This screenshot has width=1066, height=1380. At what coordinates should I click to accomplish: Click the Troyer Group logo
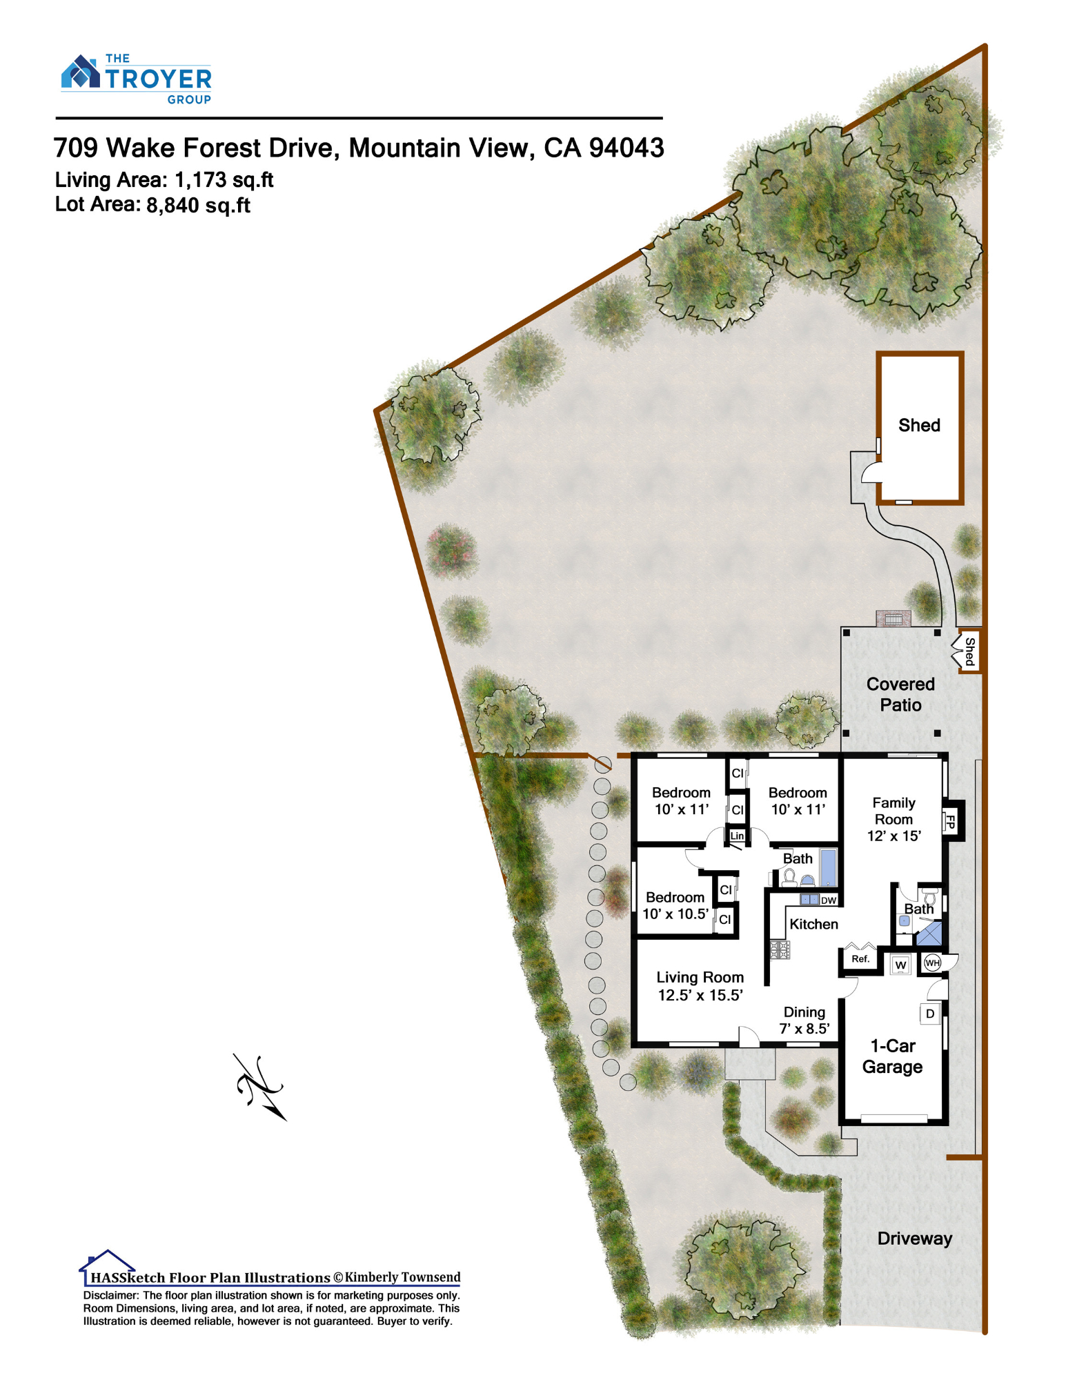(137, 79)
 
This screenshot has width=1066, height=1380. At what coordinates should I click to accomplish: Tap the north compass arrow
(259, 1087)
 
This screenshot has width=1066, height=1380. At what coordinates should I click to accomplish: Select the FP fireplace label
(950, 822)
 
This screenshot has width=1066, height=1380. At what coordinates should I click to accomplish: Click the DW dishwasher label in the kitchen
(828, 900)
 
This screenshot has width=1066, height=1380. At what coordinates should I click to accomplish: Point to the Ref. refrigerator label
(860, 958)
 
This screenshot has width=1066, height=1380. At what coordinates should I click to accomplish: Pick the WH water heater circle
(932, 963)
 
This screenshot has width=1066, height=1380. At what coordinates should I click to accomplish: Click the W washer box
(900, 965)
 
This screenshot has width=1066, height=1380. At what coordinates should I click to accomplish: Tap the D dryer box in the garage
(930, 1014)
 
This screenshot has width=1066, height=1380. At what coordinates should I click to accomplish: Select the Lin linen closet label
(737, 836)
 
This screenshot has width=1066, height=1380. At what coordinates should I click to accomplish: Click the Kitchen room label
(813, 924)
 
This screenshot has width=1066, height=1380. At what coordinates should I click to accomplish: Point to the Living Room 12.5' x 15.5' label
(700, 986)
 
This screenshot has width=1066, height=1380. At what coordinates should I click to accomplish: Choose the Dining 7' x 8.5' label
(805, 1020)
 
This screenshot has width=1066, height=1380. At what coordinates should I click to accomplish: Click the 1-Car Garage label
(892, 1056)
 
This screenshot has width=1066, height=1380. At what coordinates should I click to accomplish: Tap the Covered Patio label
(900, 694)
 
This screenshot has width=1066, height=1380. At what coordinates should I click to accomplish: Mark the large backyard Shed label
(919, 425)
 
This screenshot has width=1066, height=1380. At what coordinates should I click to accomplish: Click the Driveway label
(914, 1238)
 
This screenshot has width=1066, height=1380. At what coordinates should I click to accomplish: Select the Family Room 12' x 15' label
(894, 819)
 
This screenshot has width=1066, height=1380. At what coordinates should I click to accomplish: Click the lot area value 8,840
(172, 206)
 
